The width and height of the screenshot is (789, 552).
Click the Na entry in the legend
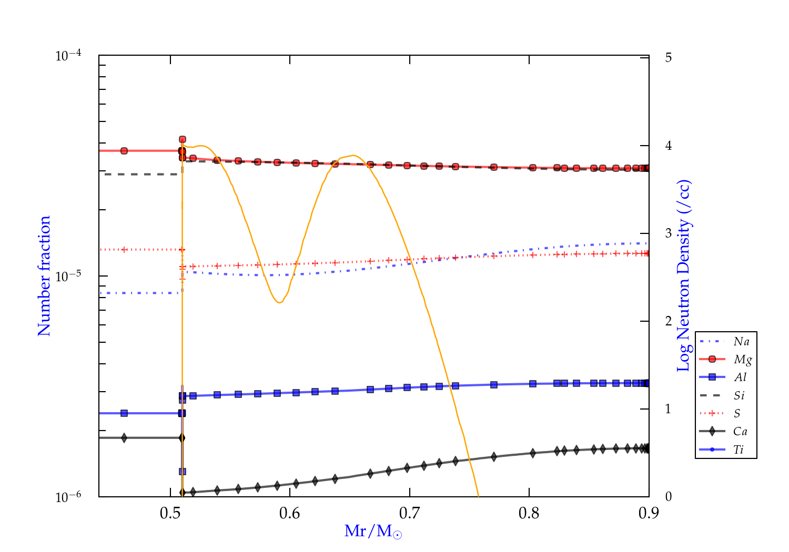pyautogui.click(x=741, y=342)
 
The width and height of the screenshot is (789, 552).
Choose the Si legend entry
pyautogui.click(x=739, y=395)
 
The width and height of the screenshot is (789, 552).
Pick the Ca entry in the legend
pyautogui.click(x=740, y=432)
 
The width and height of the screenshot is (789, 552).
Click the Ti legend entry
pyautogui.click(x=739, y=449)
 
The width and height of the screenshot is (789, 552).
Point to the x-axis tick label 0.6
pyautogui.click(x=290, y=513)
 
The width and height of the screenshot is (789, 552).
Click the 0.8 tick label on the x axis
pyautogui.click(x=529, y=513)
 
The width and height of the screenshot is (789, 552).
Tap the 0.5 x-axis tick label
pyautogui.click(x=170, y=513)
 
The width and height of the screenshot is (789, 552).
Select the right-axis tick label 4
pyautogui.click(x=669, y=146)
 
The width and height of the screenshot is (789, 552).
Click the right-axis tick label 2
pyautogui.click(x=669, y=321)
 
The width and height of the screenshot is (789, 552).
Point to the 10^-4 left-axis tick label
pyautogui.click(x=71, y=55)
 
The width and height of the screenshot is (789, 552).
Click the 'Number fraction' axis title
pyautogui.click(x=44, y=275)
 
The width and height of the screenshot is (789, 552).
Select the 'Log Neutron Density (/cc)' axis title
pyautogui.click(x=684, y=275)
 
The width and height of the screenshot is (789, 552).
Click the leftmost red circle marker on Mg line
pyautogui.click(x=124, y=151)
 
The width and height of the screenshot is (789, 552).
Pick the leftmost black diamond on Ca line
pyautogui.click(x=124, y=438)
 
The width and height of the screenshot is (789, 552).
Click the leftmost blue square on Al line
pyautogui.click(x=124, y=413)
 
